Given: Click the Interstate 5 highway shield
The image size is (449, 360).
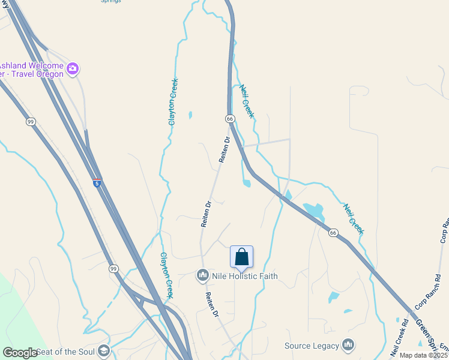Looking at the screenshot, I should [x=97, y=183].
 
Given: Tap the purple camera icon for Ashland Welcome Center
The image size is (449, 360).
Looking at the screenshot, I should [x=73, y=69].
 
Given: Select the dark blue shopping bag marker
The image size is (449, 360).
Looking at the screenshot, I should [x=242, y=257].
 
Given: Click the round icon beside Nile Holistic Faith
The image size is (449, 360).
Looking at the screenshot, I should [x=202, y=275].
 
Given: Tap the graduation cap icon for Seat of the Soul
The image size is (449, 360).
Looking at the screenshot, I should [x=104, y=350].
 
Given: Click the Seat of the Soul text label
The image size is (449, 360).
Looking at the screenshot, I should [x=65, y=351].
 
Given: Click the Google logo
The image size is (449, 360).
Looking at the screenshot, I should [x=20, y=353].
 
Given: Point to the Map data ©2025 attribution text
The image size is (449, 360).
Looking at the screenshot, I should [x=424, y=355].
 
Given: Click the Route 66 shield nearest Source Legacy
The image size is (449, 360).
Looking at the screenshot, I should [x=333, y=232].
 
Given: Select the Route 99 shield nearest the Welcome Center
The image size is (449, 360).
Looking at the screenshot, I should [x=31, y=122].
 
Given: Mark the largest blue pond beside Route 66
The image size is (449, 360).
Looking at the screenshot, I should [x=313, y=211].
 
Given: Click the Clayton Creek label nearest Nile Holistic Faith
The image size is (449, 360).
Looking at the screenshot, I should [x=166, y=275].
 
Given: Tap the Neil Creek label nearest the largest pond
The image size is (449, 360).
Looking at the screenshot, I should [x=353, y=218].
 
